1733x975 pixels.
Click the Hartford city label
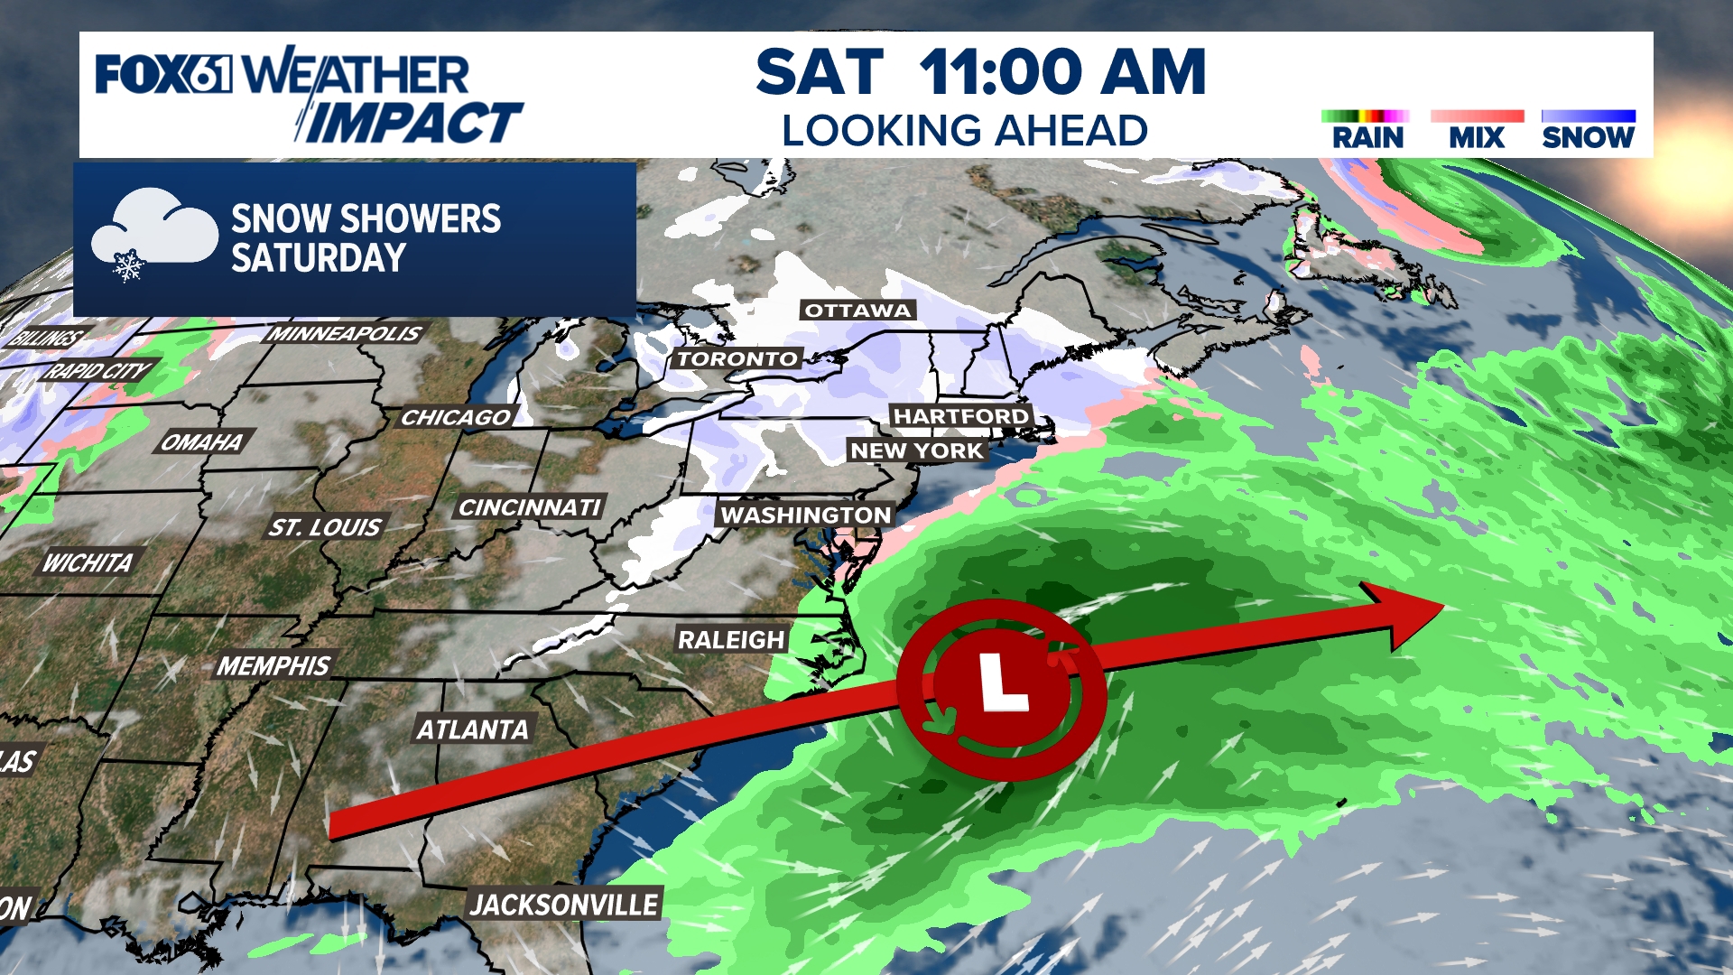tap(960, 416)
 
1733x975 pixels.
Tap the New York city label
tap(916, 450)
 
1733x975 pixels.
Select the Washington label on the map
tap(805, 515)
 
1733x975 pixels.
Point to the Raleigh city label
tap(731, 640)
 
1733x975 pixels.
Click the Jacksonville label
tap(564, 905)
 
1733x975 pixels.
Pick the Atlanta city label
tap(473, 729)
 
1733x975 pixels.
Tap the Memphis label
tap(274, 666)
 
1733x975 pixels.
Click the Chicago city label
tap(457, 417)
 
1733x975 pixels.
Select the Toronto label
tap(737, 358)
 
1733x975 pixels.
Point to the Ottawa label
tap(857, 311)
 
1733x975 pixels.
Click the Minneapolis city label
tap(345, 334)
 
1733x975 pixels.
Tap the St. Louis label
tap(325, 527)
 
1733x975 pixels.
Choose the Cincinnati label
tap(530, 508)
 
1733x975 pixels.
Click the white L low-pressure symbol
tap(1002, 683)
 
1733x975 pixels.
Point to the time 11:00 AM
tap(1062, 72)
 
